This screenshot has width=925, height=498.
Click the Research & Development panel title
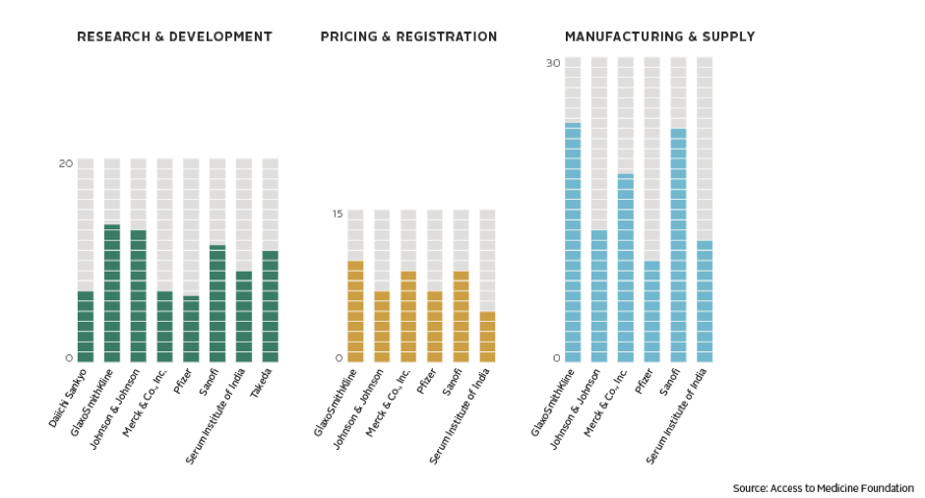174,36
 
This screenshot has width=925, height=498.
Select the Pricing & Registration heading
408,36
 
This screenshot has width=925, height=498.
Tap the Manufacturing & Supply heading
659,36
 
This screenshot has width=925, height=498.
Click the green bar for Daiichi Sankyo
86,326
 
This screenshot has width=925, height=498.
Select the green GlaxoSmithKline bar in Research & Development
112,293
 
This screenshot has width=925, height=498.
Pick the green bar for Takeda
270,306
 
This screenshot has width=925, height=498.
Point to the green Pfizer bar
191,329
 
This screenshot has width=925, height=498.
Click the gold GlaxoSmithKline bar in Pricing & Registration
355,311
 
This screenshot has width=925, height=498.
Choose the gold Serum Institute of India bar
487,337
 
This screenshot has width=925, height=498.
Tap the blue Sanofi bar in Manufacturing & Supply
678,245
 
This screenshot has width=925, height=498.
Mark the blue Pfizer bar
651,311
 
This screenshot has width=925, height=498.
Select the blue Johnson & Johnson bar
598,295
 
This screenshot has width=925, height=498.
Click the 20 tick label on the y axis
65,163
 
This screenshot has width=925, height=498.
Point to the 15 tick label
337,214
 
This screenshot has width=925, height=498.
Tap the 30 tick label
552,63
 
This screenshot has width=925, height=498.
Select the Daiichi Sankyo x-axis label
69,397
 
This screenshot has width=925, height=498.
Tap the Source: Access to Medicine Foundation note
823,488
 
